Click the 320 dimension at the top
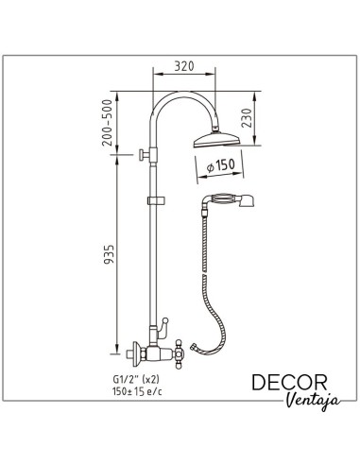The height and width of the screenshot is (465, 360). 184,68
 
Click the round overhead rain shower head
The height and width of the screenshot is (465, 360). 217,143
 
